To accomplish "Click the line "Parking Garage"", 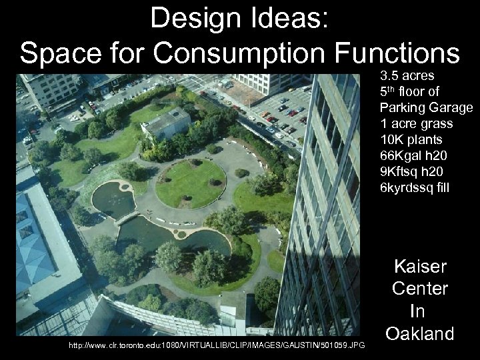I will click(426, 107).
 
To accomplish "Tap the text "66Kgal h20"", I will click(413, 156).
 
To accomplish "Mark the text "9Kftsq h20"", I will click(413, 172).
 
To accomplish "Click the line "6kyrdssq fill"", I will click(415, 189).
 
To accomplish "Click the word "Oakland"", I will click(419, 333).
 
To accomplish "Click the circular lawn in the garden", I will click(190, 183).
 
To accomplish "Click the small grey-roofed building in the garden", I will click(166, 123).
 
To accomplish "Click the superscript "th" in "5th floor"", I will click(393, 88).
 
